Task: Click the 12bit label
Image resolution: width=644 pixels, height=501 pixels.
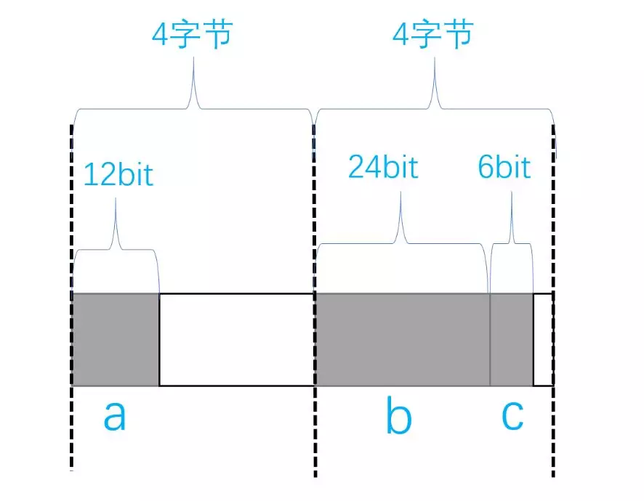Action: [x=118, y=174]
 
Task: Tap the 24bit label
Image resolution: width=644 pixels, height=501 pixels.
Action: [x=383, y=167]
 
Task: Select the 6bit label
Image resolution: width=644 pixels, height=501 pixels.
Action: [x=504, y=167]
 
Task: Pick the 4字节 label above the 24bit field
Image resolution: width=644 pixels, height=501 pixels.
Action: [x=433, y=33]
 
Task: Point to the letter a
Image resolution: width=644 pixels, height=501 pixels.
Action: [x=114, y=416]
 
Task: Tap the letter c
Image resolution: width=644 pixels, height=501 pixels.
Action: [x=512, y=416]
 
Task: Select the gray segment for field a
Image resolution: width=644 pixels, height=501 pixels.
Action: [x=116, y=339]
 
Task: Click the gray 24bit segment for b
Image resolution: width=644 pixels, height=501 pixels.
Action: [x=402, y=339]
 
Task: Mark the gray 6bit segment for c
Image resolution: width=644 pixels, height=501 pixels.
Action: [x=512, y=339]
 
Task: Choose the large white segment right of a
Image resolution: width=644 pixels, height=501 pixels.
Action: [x=236, y=339]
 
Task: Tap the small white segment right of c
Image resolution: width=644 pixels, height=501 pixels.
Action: [x=543, y=339]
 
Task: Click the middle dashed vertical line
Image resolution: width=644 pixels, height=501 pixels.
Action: [x=315, y=436]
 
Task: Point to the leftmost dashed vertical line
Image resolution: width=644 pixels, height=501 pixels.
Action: [x=71, y=436]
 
